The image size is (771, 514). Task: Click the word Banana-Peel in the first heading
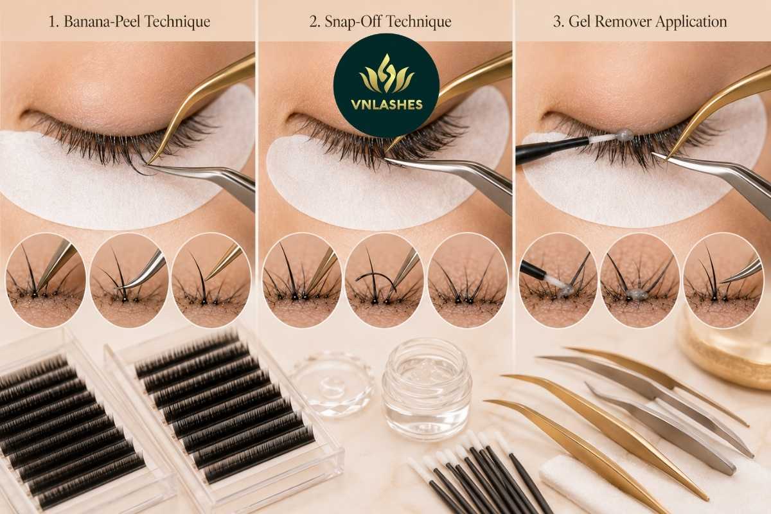[101, 22]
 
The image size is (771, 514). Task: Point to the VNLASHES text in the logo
[387, 105]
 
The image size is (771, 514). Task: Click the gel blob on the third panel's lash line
[624, 136]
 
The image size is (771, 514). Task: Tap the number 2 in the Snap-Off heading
[314, 22]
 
